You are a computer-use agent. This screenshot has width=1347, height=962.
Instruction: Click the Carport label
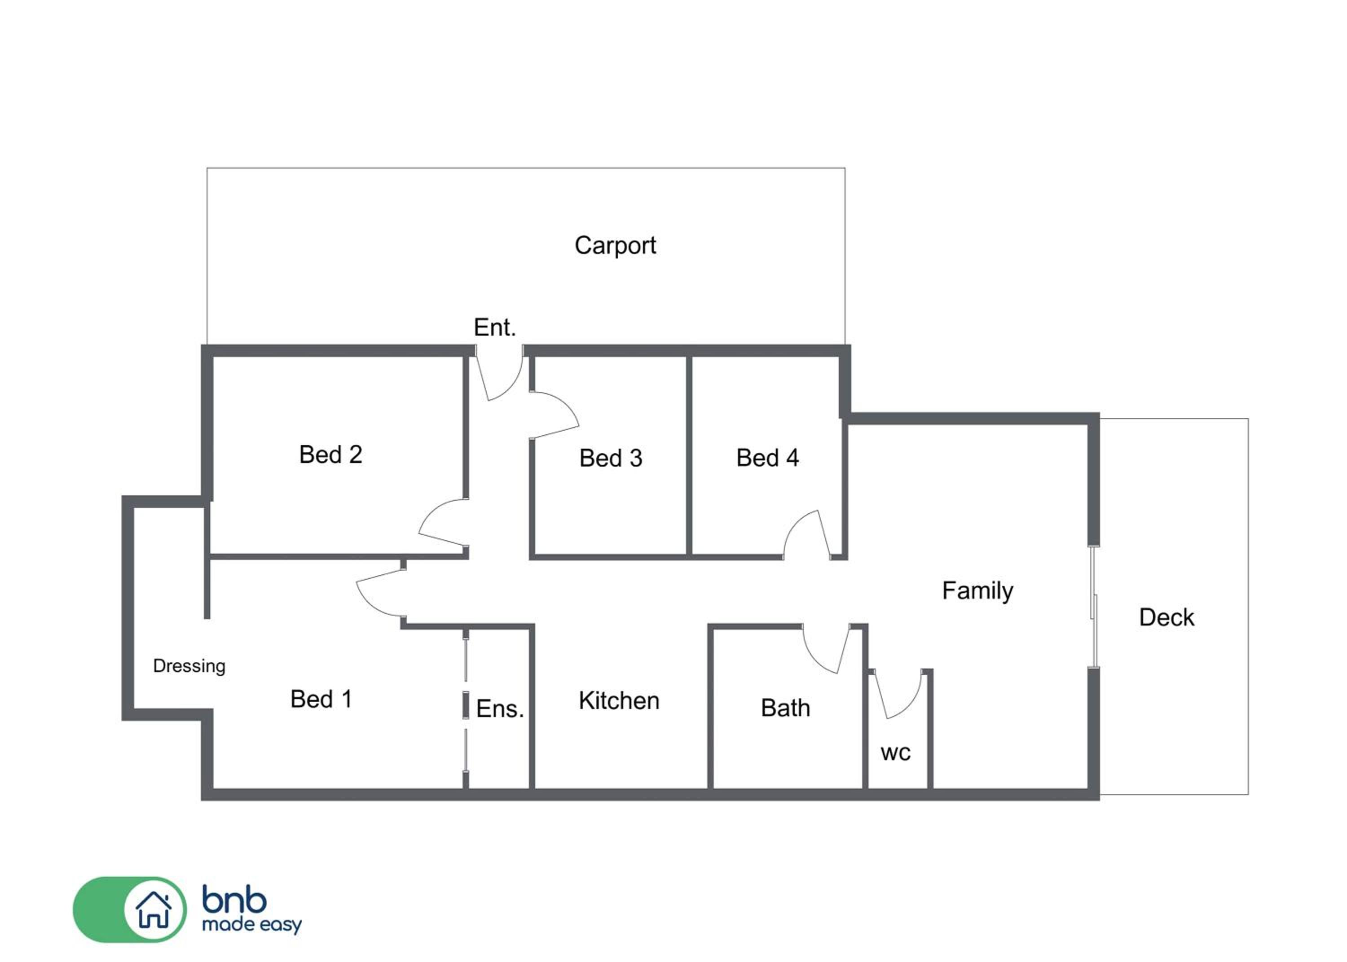(615, 246)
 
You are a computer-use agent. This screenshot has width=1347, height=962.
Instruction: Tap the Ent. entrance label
(495, 327)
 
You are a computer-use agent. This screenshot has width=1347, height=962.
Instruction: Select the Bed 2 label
(330, 455)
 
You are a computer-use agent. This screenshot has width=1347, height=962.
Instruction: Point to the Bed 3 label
(611, 458)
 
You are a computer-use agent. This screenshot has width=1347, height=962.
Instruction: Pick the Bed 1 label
(321, 699)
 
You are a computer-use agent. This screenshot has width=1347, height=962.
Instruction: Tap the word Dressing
(189, 666)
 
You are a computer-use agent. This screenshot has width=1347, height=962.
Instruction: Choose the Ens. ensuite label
(500, 708)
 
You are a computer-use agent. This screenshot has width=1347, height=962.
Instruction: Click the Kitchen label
(619, 701)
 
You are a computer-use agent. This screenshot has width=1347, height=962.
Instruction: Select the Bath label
(785, 708)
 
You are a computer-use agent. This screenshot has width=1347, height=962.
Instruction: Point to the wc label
(895, 753)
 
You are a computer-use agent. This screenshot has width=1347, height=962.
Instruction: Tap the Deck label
(1166, 618)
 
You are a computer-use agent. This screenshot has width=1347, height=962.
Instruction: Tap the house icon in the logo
(154, 910)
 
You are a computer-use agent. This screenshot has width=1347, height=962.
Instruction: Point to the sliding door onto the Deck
(1094, 607)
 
